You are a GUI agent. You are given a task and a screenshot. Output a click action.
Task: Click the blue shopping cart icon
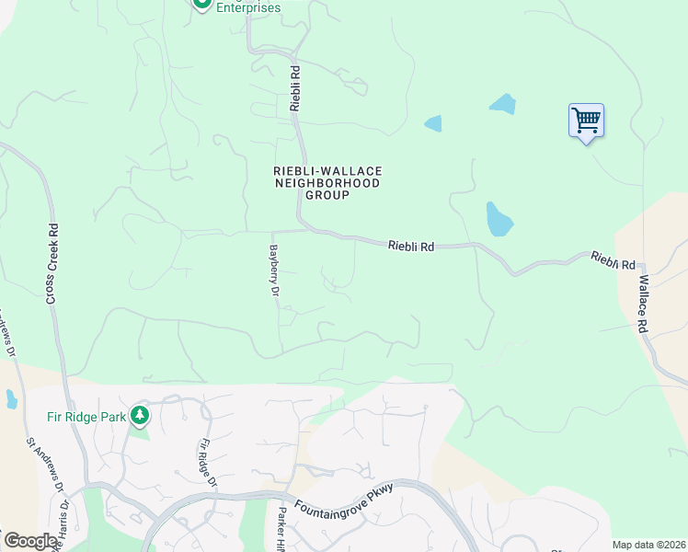[586, 120]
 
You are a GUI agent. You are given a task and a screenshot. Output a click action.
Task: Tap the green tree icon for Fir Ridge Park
[139, 415]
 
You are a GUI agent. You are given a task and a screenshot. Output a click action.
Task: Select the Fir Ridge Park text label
[86, 416]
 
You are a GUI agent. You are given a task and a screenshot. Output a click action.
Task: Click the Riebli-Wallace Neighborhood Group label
[327, 182]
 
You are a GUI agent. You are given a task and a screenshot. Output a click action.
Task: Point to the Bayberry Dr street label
[273, 270]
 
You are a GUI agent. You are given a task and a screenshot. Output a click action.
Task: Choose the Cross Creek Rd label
[52, 265]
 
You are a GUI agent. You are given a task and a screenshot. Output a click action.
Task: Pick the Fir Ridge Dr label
[207, 463]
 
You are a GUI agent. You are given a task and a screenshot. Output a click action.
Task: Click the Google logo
[29, 540]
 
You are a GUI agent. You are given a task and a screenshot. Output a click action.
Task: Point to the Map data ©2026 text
[648, 545]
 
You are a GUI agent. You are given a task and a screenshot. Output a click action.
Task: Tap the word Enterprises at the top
[248, 8]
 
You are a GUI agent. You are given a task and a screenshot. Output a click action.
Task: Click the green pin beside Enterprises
[201, 5]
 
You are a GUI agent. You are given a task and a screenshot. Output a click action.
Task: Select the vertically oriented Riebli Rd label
[295, 88]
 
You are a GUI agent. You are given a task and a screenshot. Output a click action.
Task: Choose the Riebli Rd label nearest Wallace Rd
[613, 260]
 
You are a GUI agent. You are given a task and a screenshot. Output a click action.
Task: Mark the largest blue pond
[498, 219]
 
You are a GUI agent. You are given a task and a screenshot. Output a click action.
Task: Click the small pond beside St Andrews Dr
[11, 399]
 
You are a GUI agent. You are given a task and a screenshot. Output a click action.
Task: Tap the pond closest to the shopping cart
[502, 104]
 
